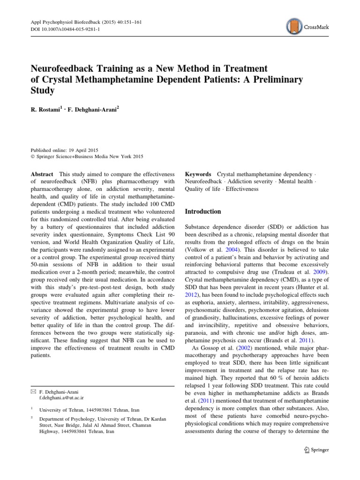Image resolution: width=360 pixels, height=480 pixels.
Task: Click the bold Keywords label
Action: [x=198, y=174]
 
